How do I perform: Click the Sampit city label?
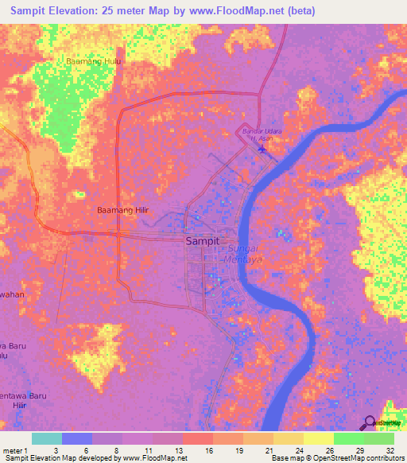click(202, 240)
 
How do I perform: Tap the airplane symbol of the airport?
click(262, 147)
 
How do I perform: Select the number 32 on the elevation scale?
click(390, 449)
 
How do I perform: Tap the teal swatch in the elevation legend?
click(47, 438)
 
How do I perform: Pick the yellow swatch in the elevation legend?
click(318, 438)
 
